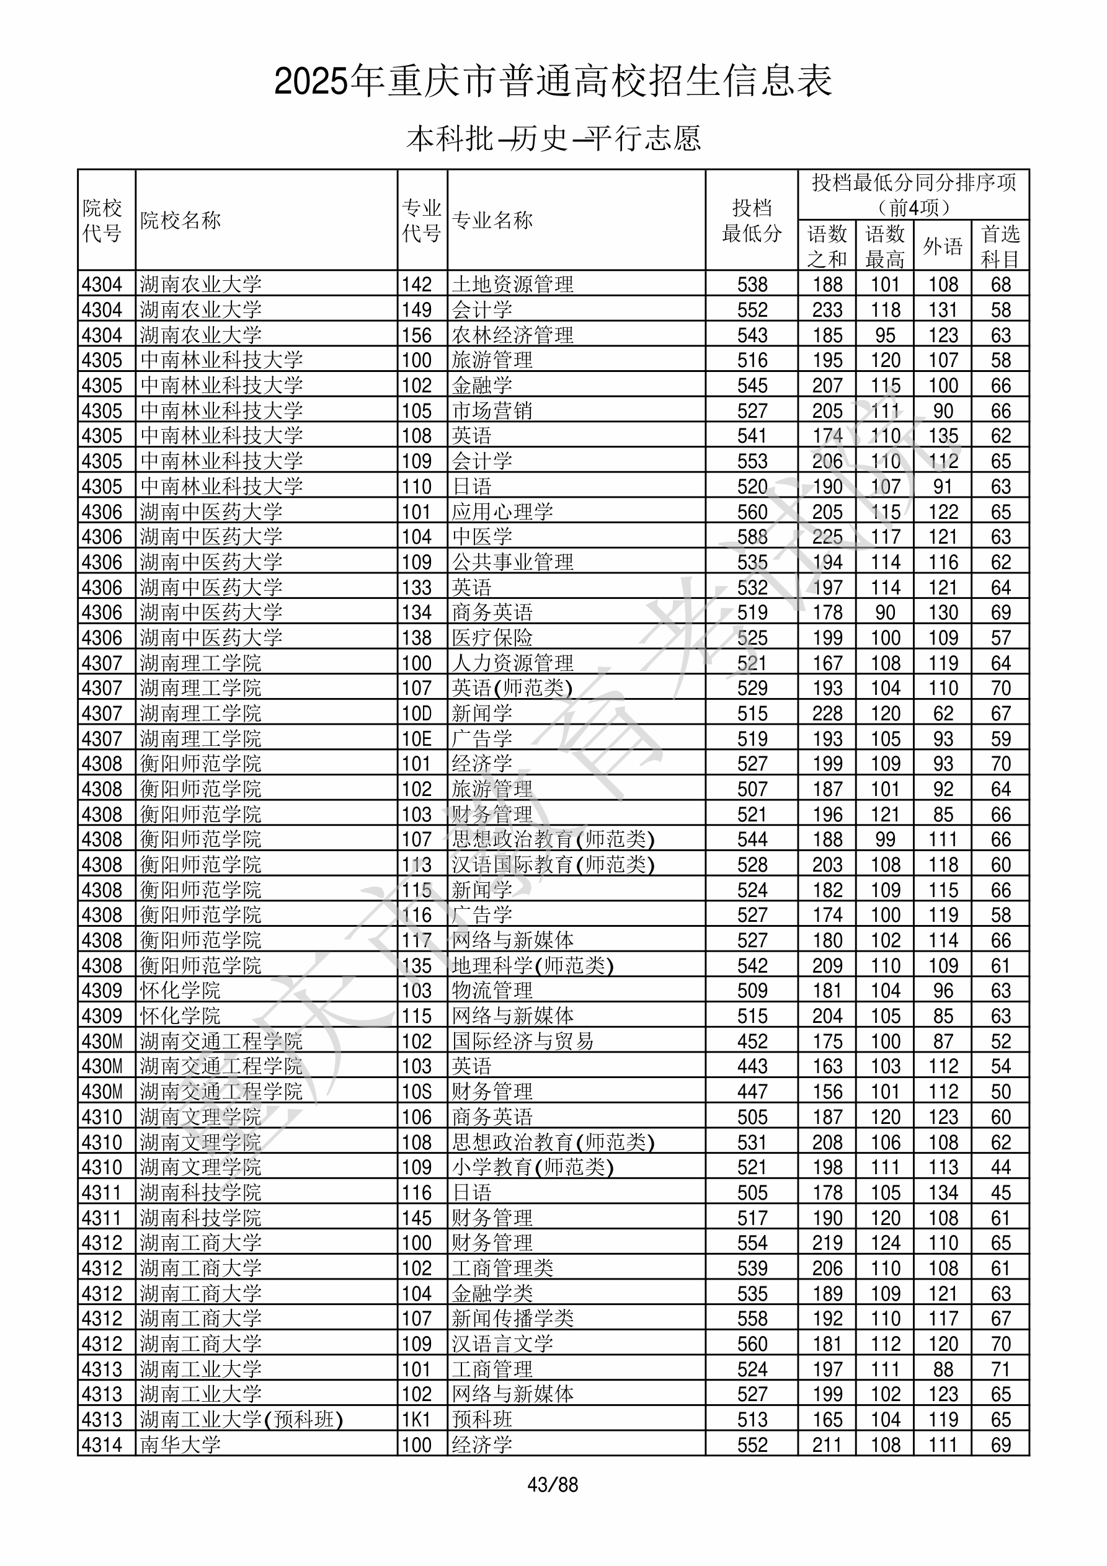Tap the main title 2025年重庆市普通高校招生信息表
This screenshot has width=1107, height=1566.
(553, 81)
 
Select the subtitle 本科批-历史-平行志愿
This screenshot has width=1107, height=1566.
(553, 138)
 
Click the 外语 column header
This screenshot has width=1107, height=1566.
(943, 246)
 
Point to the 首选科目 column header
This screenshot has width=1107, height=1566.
(1000, 246)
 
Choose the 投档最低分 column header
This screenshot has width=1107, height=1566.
(752, 220)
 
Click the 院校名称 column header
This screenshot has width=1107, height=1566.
(181, 220)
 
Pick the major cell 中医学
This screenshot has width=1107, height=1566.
(482, 537)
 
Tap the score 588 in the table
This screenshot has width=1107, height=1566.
(752, 537)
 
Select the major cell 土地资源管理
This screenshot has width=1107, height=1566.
(512, 285)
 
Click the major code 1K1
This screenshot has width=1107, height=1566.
(416, 1419)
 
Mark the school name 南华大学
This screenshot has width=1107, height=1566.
(181, 1444)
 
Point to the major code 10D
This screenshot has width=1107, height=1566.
(416, 714)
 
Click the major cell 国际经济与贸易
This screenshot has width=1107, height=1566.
(523, 1042)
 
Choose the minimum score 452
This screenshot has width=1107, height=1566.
(752, 1042)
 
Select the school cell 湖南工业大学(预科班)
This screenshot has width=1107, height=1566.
(241, 1419)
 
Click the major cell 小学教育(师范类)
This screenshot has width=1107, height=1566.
(532, 1167)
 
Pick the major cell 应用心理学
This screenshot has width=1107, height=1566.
(502, 511)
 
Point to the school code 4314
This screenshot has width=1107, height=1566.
(102, 1444)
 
